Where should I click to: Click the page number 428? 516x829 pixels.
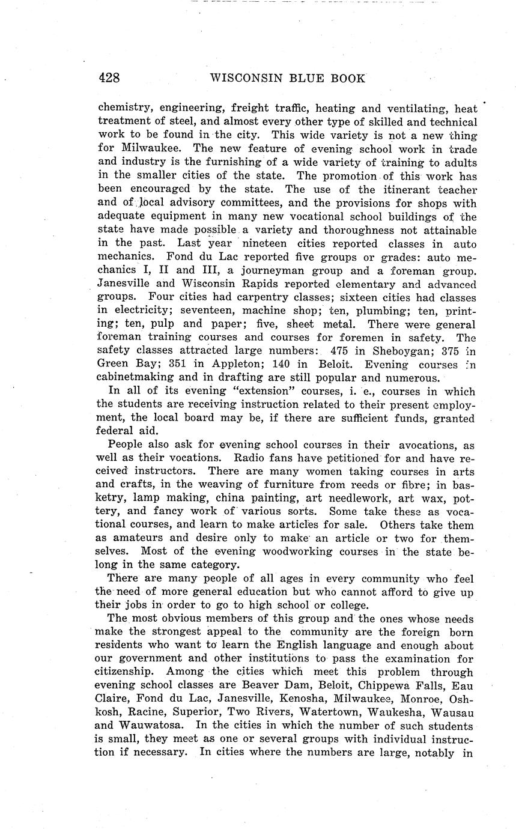tap(109, 78)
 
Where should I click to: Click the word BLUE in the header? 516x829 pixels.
tap(298, 79)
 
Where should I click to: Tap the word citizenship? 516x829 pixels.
tap(126, 672)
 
